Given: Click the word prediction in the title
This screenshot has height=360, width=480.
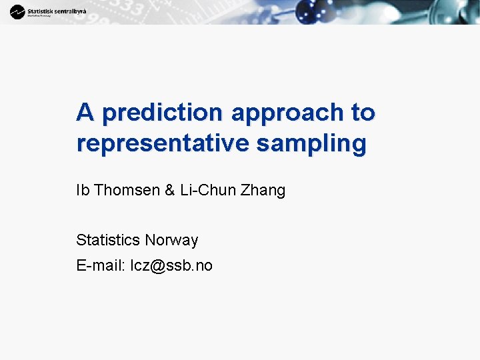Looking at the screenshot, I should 163,113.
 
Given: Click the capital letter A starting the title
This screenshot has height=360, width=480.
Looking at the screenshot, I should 85,112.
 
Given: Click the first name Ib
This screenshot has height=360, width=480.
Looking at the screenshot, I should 83,190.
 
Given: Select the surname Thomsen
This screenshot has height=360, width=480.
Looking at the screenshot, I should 127,190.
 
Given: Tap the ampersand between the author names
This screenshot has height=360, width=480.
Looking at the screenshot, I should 169,190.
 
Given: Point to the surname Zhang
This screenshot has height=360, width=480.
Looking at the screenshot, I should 264,191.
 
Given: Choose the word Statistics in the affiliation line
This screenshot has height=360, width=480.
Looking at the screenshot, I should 108,240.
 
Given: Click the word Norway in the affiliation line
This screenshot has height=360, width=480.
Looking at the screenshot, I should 171,240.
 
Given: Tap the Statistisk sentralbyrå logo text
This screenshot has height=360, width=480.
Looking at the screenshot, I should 57,10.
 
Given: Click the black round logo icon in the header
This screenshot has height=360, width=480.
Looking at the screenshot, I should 17,12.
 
